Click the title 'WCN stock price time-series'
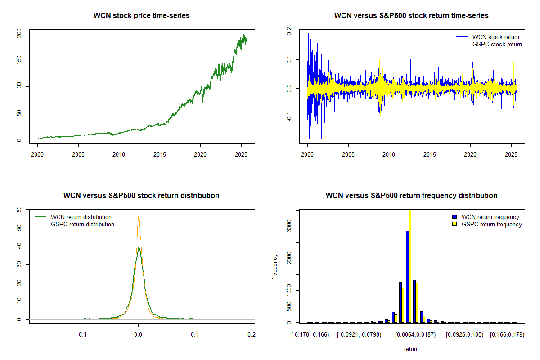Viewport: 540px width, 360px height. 141,16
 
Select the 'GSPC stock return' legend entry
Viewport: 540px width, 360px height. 497,45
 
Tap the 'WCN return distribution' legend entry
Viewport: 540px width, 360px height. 81,217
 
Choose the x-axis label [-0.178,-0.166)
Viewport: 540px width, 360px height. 310,335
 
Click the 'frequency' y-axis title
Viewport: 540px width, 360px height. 275,266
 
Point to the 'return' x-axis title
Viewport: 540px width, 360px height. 411,349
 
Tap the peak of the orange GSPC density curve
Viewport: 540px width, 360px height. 139,216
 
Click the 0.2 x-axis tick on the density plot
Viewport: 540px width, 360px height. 251,335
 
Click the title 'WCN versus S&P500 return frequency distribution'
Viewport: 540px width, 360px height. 411,196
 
